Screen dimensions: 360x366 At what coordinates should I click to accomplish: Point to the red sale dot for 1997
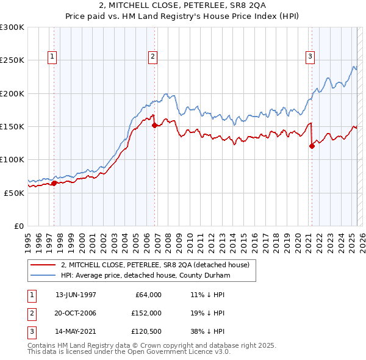[54, 182]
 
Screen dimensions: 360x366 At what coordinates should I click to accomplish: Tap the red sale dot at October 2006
[154, 125]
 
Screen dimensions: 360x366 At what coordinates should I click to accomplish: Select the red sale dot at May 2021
[312, 146]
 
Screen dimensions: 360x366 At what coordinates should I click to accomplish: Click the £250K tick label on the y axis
[12, 60]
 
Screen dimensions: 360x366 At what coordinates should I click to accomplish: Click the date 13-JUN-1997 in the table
[76, 295]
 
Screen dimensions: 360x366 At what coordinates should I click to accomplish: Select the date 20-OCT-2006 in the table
[76, 313]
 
